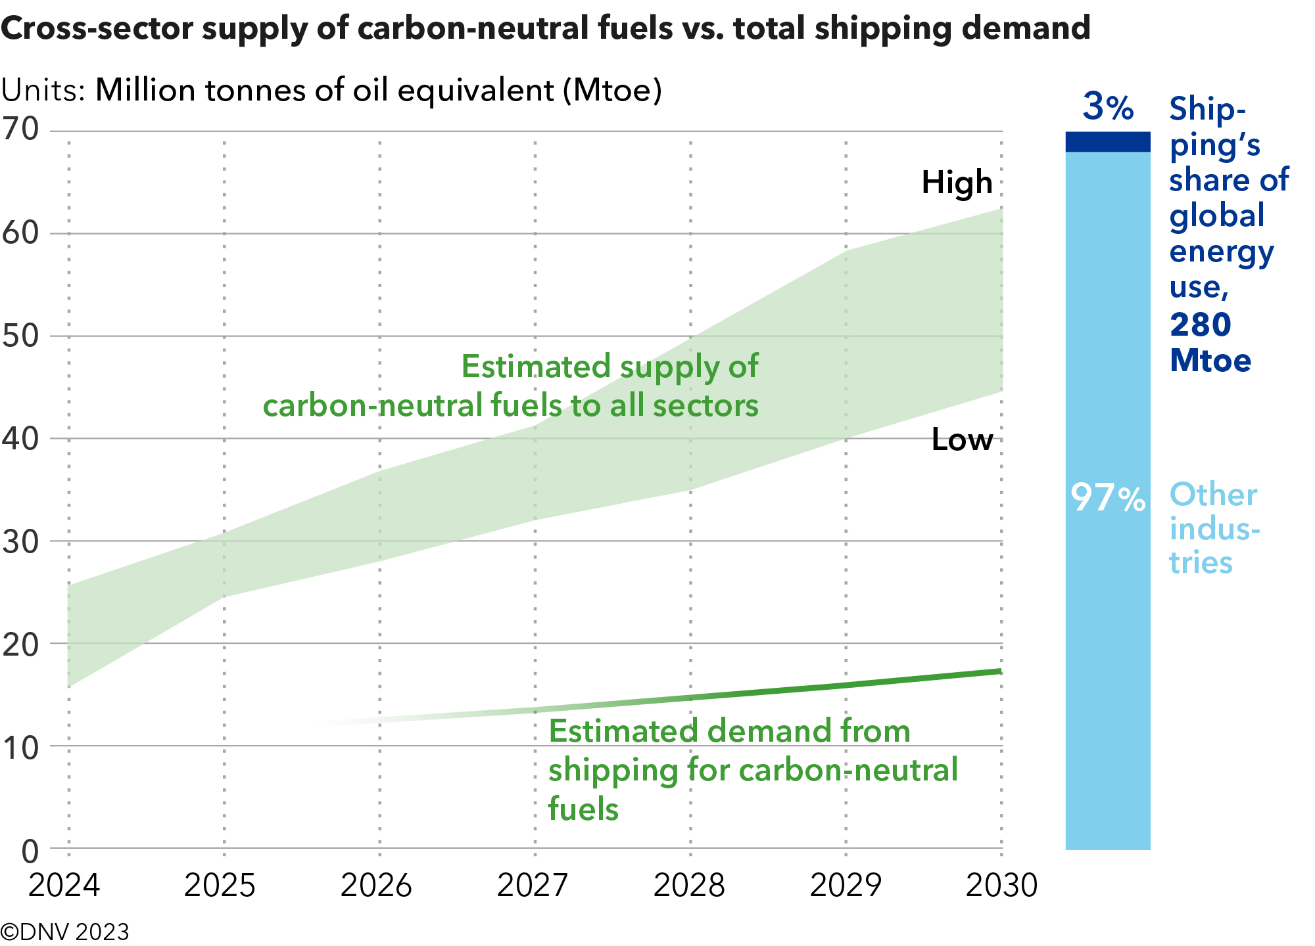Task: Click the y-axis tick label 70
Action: (21, 129)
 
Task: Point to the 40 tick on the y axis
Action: (21, 438)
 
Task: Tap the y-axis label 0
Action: (30, 852)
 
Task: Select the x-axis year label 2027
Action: (532, 885)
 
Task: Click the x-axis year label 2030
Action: (1001, 885)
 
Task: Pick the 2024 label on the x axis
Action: (64, 885)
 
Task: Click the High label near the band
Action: (957, 183)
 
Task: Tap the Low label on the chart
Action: (962, 439)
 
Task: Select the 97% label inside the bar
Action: (1108, 497)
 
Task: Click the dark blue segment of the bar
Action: (1108, 142)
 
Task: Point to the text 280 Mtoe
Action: (1210, 342)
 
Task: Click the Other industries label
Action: (1213, 528)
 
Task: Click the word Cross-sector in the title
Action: (96, 28)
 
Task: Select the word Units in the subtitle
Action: (42, 90)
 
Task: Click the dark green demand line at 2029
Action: (846, 685)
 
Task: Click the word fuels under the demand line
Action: (583, 808)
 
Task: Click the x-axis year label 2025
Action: (220, 885)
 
